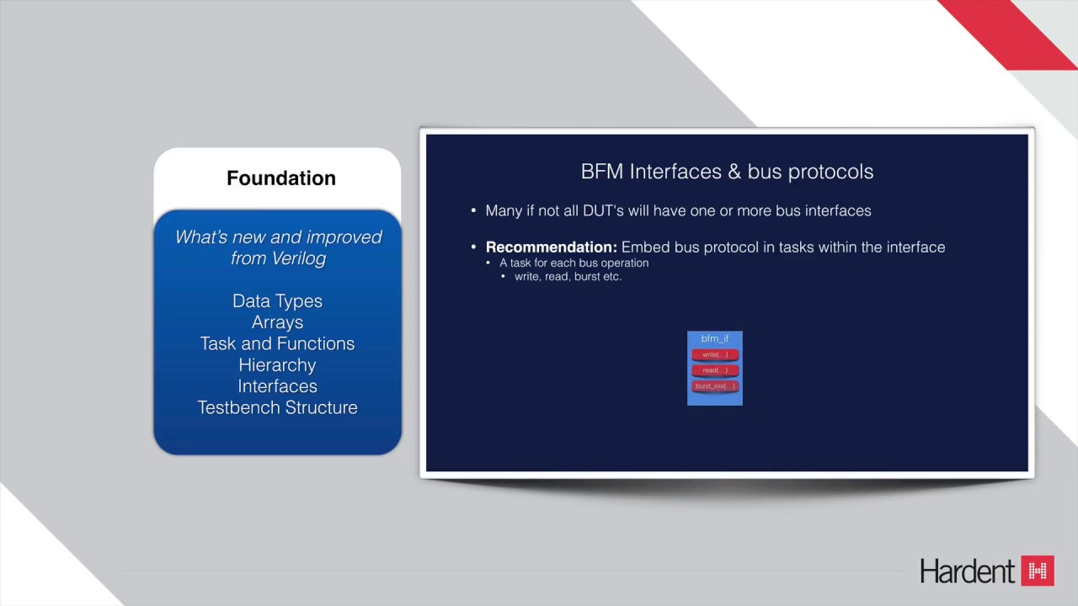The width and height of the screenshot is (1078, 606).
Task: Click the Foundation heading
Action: pyautogui.click(x=280, y=178)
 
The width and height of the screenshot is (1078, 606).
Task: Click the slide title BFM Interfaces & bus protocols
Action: pyautogui.click(x=727, y=172)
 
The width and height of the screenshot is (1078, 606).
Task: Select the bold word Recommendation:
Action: pyautogui.click(x=552, y=247)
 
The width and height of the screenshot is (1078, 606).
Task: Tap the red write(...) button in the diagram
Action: pyautogui.click(x=715, y=355)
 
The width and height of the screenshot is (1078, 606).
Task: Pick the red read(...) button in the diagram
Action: pyautogui.click(x=715, y=370)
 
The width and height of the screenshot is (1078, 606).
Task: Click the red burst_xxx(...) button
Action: pyautogui.click(x=715, y=386)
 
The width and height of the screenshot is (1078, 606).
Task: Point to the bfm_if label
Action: pyautogui.click(x=715, y=339)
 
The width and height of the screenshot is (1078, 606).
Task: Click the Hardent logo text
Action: pyautogui.click(x=968, y=571)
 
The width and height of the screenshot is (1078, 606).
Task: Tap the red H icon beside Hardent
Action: pyautogui.click(x=1038, y=571)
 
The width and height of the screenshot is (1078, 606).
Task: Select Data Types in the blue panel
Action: pyautogui.click(x=277, y=301)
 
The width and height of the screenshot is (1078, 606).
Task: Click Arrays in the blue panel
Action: pyautogui.click(x=277, y=322)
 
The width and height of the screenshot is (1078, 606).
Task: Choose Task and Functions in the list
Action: pyautogui.click(x=277, y=343)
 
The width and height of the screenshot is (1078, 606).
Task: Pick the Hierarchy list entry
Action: pyautogui.click(x=277, y=365)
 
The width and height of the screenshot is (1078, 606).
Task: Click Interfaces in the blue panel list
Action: pyautogui.click(x=277, y=386)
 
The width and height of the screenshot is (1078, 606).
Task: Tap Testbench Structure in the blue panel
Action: pyautogui.click(x=277, y=407)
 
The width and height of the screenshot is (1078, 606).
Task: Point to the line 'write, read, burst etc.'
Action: pyautogui.click(x=568, y=277)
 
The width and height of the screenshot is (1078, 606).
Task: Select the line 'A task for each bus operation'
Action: pyautogui.click(x=574, y=263)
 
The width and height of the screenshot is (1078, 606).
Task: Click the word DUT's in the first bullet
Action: pyautogui.click(x=604, y=211)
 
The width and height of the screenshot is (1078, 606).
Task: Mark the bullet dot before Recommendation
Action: pyautogui.click(x=474, y=247)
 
